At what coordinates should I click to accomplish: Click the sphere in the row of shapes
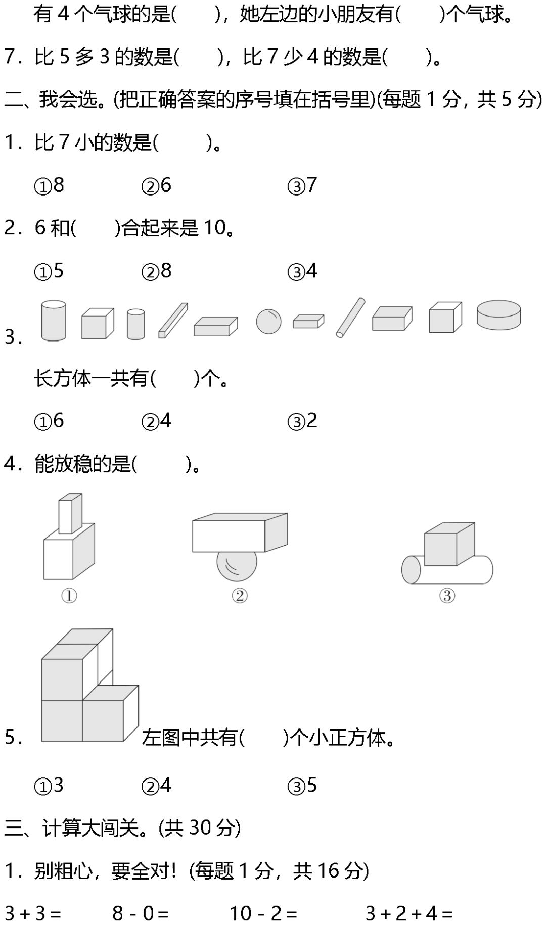point(268,321)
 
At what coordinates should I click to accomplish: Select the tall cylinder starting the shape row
point(53,320)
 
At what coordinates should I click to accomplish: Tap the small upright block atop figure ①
point(70,513)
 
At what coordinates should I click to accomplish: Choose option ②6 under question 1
point(157,186)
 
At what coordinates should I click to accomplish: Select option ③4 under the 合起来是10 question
point(302,271)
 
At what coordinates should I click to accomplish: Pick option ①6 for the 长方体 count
point(49,421)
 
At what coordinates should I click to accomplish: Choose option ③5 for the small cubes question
point(302,786)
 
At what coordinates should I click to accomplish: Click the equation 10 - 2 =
point(263,913)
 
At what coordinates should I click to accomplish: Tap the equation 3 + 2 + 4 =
point(408,913)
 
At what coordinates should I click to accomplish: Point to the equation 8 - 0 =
point(140,913)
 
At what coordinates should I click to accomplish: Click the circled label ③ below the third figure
point(447,596)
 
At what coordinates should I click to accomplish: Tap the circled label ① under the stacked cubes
point(69,596)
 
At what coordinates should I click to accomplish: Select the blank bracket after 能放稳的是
point(161,464)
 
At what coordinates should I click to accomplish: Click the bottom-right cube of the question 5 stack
point(105,719)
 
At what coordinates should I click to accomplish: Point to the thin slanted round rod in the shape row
point(350,317)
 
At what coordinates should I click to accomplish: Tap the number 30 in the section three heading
point(200,828)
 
